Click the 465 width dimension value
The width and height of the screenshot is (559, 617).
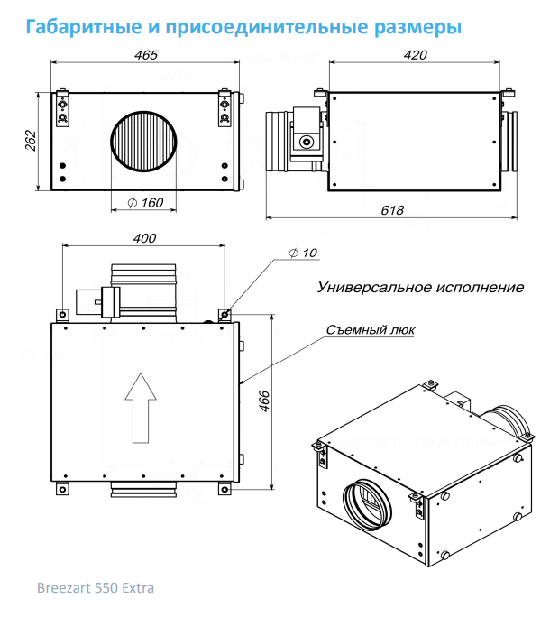pos(145,55)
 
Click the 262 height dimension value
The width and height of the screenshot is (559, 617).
pos(30,140)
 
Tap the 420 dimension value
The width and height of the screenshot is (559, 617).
pos(415,55)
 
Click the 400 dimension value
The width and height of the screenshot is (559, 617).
pos(144,238)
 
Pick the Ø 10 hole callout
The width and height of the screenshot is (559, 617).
pos(303,253)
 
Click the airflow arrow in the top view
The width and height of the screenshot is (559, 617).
pos(140,408)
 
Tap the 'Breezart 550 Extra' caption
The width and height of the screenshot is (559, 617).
pos(96,588)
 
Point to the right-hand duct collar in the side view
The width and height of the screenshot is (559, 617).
pos(511,143)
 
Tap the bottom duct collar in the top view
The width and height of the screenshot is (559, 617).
pos(142,488)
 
